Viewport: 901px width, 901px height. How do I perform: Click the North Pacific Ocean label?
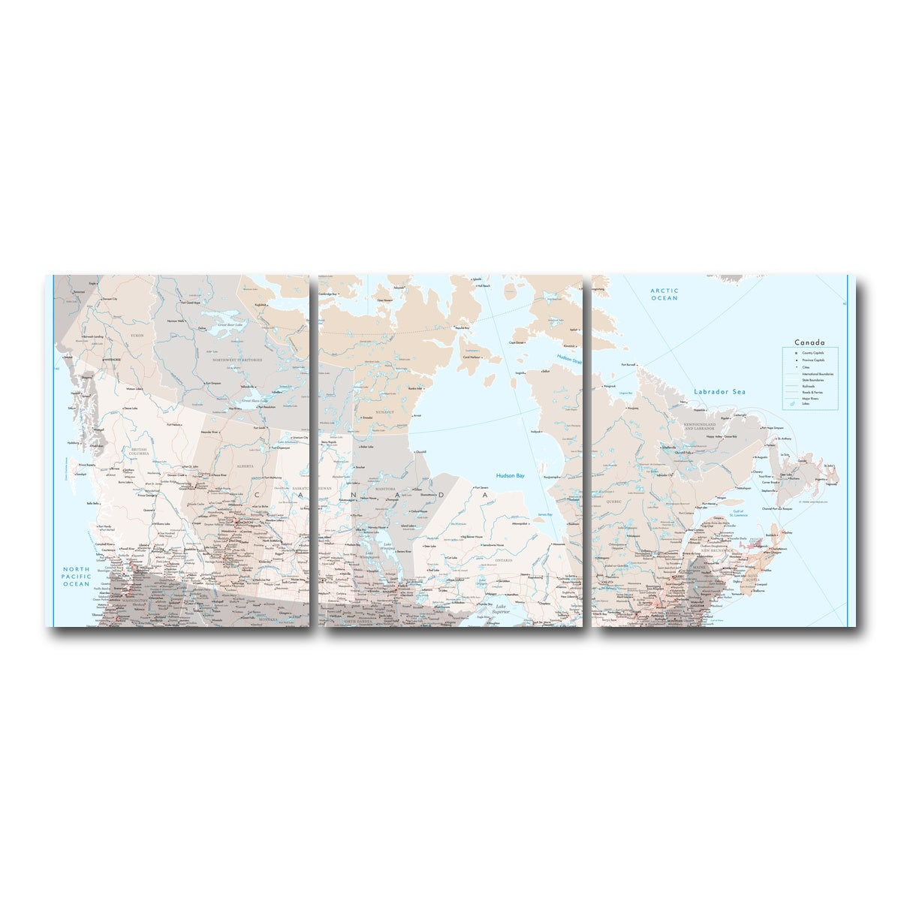pyautogui.click(x=76, y=576)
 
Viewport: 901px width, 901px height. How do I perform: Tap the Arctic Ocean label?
pyautogui.click(x=664, y=294)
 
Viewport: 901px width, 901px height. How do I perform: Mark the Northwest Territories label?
pyautogui.click(x=237, y=360)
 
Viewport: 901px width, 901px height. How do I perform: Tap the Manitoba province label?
pyautogui.click(x=385, y=488)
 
